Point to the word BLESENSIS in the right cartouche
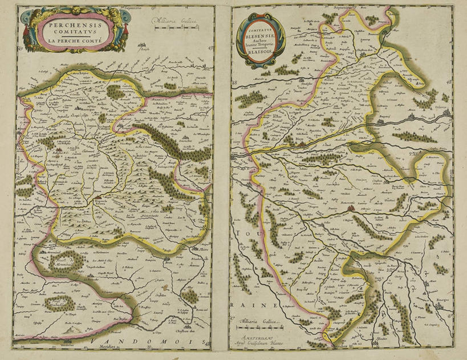pos(263,35)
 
